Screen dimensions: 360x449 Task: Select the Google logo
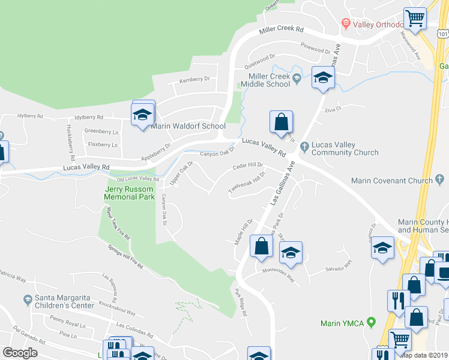(20, 353)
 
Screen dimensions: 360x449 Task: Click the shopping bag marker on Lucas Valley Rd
(281, 122)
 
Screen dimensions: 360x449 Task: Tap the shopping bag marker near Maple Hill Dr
(261, 246)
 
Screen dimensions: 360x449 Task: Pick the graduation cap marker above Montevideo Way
(291, 253)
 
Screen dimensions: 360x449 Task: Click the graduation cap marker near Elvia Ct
(323, 78)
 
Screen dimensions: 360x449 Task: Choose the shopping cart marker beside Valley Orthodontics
(414, 19)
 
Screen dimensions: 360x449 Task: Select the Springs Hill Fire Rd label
(125, 256)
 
